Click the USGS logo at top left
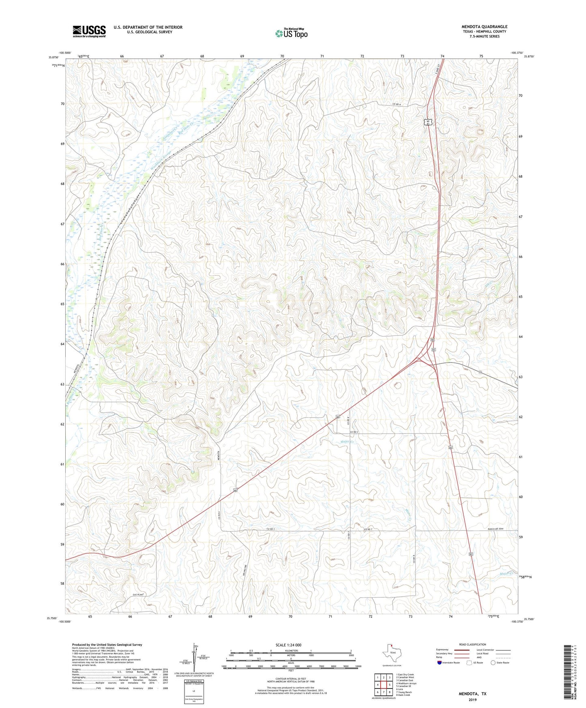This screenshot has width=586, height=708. coord(89,31)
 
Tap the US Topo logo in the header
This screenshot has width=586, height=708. coord(291,33)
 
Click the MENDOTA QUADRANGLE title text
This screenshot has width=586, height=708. coord(484,27)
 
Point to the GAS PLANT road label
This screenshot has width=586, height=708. coord(138,594)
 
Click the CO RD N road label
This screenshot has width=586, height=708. coord(396,105)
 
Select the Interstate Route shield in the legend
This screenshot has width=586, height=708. coord(440,663)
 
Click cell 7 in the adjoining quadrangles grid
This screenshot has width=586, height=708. coord(383,692)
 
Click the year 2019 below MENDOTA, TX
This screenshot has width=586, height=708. coord(472,700)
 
